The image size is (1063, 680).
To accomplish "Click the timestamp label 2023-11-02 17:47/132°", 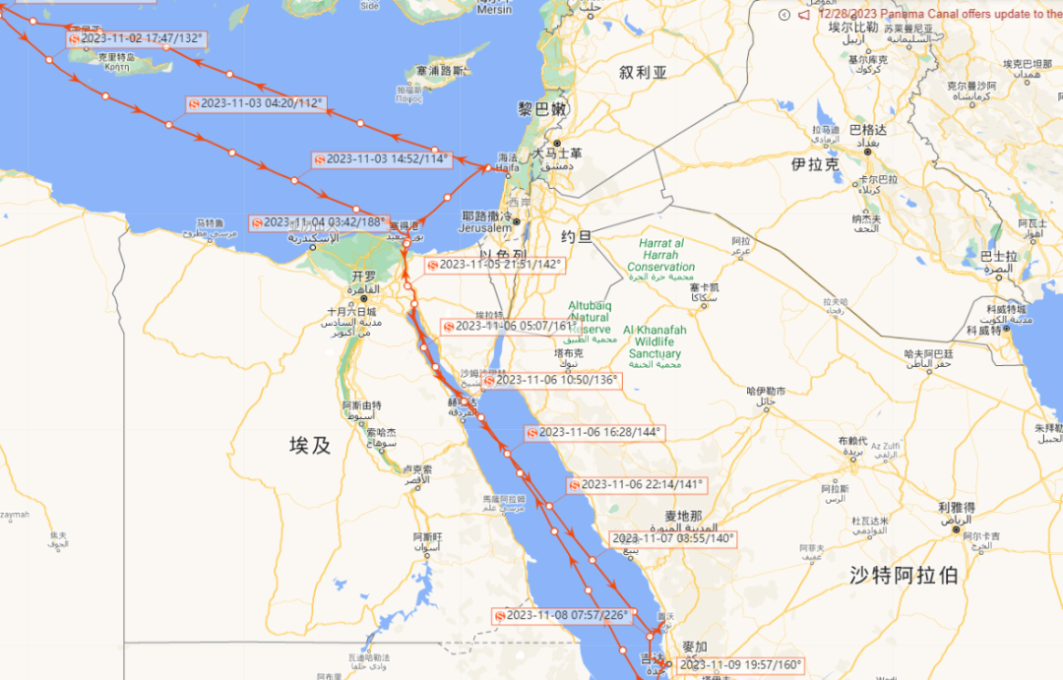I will coord(137,38).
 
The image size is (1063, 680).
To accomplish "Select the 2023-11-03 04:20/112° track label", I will coord(255,103).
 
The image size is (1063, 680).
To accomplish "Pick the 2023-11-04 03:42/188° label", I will coord(317,223).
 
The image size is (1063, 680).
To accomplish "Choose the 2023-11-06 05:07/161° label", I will coord(510,327).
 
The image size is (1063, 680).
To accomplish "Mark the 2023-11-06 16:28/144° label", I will coord(594,432).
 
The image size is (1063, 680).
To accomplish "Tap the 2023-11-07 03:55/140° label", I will coord(673,538).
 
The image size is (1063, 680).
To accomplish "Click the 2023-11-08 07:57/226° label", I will coord(561,616).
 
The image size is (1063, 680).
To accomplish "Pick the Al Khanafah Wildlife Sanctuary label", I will coord(655,341).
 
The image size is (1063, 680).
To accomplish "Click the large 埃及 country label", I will coord(309,445).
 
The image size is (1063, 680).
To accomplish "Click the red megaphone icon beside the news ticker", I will coord(804,15).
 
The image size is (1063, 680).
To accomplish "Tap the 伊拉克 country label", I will coord(815,164).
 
